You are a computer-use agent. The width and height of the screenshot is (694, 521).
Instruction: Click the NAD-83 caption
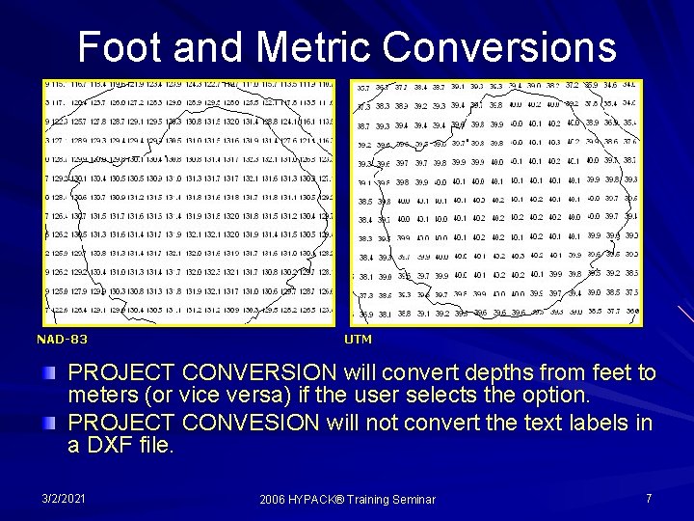(x=62, y=340)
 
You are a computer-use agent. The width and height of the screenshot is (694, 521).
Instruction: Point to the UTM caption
(x=358, y=340)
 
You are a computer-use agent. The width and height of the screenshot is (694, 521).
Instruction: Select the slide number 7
(x=649, y=498)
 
